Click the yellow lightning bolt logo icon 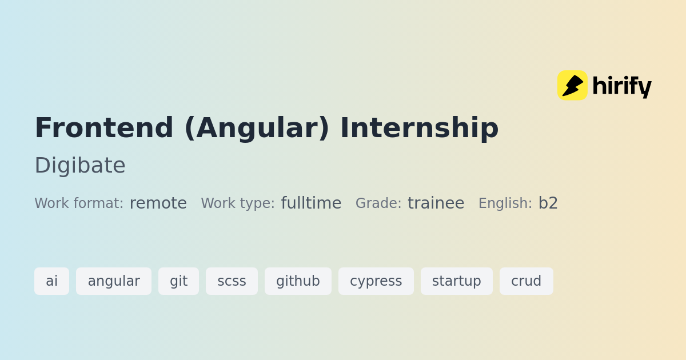pos(572,85)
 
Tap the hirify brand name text pos(622,86)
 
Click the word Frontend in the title pos(104,127)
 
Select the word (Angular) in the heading pos(257,128)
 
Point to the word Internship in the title pos(420,128)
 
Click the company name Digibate pos(80,165)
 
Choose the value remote pos(158,203)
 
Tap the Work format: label pos(79,203)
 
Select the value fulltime pos(311,203)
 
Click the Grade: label pos(378,203)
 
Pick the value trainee pos(436,203)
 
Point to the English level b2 pos(548,203)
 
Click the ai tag pos(52,281)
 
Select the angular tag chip pos(114,281)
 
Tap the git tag pos(178,281)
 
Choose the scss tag pos(232,281)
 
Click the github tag pos(298,281)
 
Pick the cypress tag pos(376,281)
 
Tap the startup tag pos(457,281)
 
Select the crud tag pos(527,281)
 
